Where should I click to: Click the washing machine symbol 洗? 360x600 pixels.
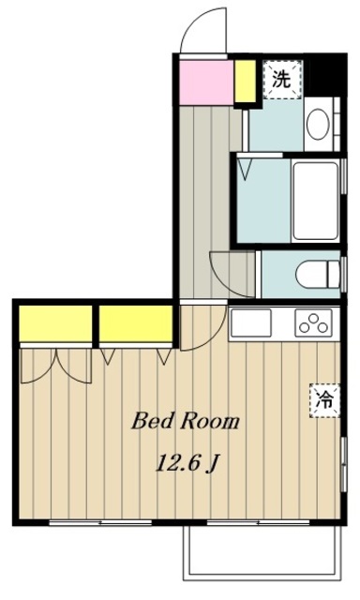[282, 79]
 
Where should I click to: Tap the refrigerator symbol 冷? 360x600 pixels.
[324, 400]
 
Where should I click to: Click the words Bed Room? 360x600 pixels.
[186, 422]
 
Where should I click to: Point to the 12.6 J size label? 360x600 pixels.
[187, 463]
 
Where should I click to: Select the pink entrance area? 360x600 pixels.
[206, 82]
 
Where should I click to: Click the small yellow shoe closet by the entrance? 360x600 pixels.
[245, 82]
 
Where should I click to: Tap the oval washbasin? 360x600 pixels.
[318, 125]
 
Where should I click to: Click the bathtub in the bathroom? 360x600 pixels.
[315, 202]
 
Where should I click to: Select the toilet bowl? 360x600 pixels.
[318, 274]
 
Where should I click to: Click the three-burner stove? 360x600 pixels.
[313, 322]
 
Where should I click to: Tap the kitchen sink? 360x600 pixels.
[251, 322]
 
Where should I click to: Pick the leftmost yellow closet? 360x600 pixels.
[55, 323]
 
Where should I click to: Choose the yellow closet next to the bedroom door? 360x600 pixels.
[135, 323]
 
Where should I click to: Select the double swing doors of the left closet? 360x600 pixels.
[56, 367]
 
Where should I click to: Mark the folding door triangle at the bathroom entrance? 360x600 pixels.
[245, 169]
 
